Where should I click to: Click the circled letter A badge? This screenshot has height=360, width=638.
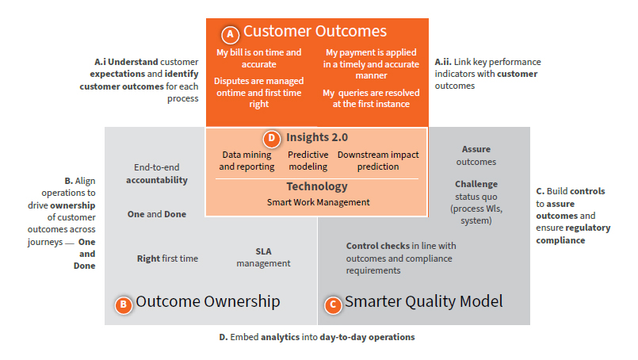pyautogui.click(x=230, y=34)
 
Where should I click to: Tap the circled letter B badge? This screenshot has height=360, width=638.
pyautogui.click(x=123, y=304)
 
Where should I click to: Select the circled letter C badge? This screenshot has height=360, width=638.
pyautogui.click(x=333, y=304)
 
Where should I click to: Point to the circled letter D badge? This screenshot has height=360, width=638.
pyautogui.click(x=271, y=138)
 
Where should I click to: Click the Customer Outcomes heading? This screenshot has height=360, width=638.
pyautogui.click(x=315, y=32)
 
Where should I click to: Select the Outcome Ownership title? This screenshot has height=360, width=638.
pyautogui.click(x=208, y=302)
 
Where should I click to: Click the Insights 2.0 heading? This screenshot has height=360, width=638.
pyautogui.click(x=317, y=137)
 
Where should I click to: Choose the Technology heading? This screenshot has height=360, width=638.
pyautogui.click(x=317, y=186)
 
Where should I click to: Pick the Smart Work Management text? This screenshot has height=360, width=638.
pyautogui.click(x=317, y=202)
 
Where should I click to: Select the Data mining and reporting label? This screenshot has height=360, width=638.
pyautogui.click(x=246, y=161)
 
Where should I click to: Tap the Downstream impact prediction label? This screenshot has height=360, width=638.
pyautogui.click(x=378, y=161)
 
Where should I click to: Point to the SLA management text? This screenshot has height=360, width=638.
pyautogui.click(x=263, y=257)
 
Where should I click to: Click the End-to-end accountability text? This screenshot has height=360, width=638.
pyautogui.click(x=160, y=174)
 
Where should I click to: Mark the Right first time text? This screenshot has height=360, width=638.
pyautogui.click(x=167, y=259)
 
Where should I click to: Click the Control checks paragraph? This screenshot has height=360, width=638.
pyautogui.click(x=401, y=258)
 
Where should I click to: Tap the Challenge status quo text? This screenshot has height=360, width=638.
pyautogui.click(x=476, y=202)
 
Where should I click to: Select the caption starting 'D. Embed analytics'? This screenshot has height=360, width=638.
pyautogui.click(x=316, y=337)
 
